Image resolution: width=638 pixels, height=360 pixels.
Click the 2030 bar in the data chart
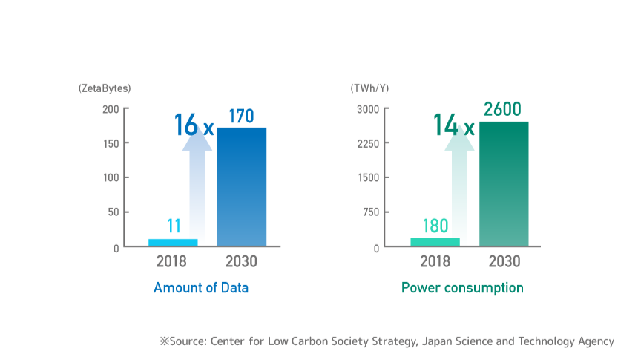tap(241, 186)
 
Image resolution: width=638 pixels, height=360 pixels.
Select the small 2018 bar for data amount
tap(173, 242)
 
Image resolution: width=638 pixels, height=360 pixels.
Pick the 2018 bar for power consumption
tap(435, 241)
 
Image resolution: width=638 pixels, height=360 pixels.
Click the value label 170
tap(241, 117)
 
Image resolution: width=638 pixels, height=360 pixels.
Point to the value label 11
tap(173, 226)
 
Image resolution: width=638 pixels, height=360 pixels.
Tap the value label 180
tap(435, 226)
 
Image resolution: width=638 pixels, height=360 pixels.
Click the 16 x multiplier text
tap(193, 125)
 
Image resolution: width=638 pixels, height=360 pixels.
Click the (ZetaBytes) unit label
tap(105, 88)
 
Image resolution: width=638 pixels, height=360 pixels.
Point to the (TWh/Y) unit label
tap(369, 88)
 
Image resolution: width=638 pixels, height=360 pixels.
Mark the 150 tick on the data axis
tap(110, 143)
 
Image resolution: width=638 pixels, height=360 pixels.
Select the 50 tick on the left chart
tap(113, 212)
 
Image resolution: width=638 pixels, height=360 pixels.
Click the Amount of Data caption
tap(201, 288)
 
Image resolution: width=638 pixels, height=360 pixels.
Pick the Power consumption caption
tap(462, 288)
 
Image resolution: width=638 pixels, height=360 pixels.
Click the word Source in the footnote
tap(188, 341)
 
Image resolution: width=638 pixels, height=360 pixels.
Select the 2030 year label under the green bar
tap(504, 262)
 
